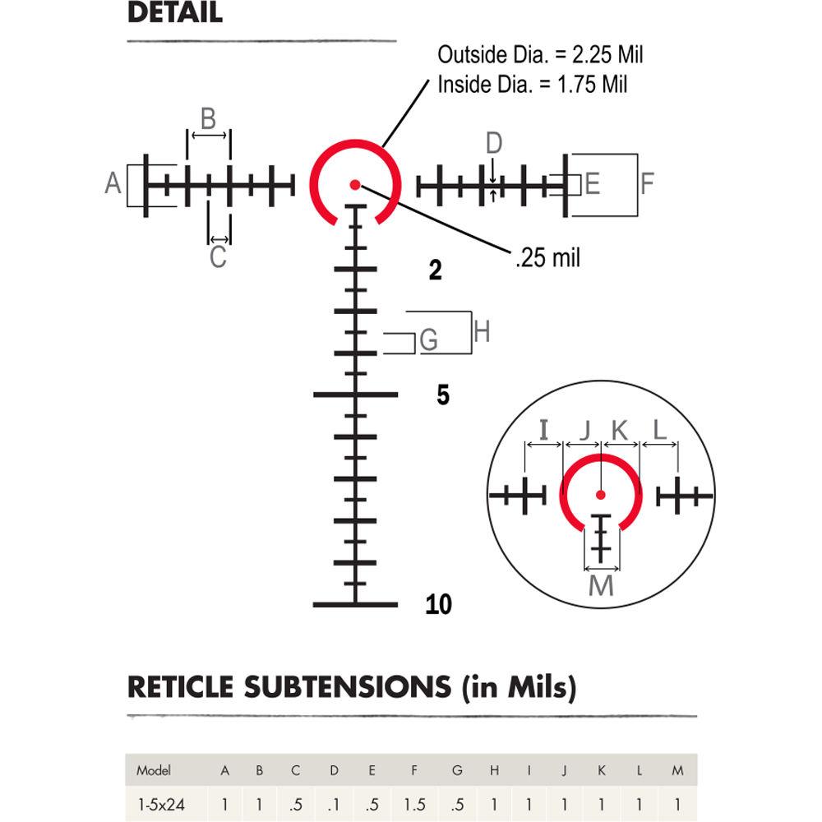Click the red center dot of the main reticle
(355, 184)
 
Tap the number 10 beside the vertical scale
(439, 605)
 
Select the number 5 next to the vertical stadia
(443, 395)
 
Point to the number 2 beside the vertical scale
(436, 270)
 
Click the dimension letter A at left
(113, 182)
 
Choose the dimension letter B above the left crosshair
(208, 118)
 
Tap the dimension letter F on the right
(647, 182)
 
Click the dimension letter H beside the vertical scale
(483, 332)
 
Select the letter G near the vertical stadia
(428, 340)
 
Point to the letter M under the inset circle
(602, 585)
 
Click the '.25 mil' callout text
(547, 258)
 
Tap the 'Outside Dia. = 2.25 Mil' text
(540, 56)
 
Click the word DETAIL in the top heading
(175, 14)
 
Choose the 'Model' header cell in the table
(153, 770)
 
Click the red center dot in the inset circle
(600, 494)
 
